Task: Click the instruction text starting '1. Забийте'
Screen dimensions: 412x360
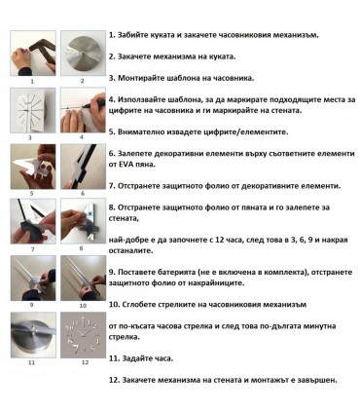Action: [x=225, y=34]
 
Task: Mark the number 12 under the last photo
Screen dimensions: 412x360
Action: [x=84, y=362]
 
